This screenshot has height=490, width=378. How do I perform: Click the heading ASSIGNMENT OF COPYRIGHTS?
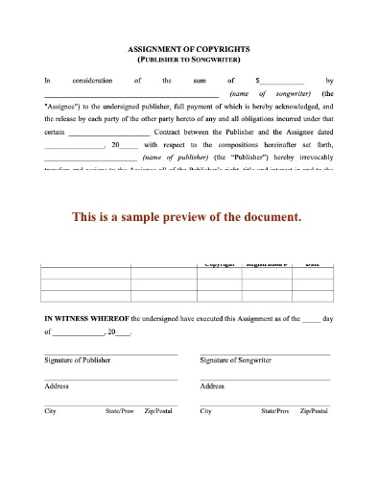tap(189, 48)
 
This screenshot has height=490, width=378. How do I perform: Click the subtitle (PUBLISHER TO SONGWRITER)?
tap(189, 59)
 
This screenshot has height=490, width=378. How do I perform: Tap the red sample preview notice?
tap(188, 216)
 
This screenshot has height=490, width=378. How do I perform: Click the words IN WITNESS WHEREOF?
tap(86, 316)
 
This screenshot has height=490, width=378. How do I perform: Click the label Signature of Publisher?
tap(78, 360)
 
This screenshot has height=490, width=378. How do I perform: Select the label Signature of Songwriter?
tap(235, 360)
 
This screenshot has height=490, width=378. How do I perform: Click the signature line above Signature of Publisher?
tap(110, 354)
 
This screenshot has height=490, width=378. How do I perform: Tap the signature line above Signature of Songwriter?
tap(265, 354)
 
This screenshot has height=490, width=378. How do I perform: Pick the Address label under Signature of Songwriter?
tap(212, 385)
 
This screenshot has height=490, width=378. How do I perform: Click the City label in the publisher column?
tap(50, 410)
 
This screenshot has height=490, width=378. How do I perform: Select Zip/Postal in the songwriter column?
tap(313, 410)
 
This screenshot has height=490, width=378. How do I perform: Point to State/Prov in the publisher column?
tap(120, 410)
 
